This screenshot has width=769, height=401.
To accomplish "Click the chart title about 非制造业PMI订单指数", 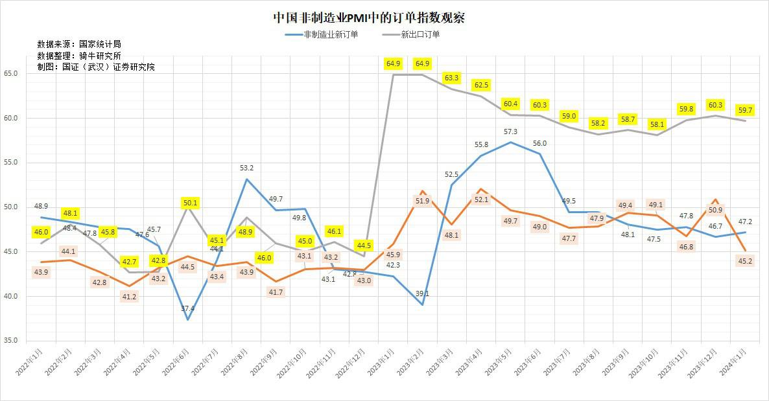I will (x=368, y=17).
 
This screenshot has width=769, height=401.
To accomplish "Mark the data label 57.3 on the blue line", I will (x=510, y=132).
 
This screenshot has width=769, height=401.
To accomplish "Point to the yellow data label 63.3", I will (x=452, y=78).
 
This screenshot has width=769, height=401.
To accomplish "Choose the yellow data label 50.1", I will (x=190, y=203).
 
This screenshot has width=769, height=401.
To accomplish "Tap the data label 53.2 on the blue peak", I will (x=246, y=168).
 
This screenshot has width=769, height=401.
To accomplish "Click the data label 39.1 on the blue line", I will (x=423, y=293).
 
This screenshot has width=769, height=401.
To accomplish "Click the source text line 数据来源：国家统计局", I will (x=79, y=45).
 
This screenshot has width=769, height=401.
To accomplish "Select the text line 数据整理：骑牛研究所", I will (x=79, y=56).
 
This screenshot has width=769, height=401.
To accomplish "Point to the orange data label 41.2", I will (x=130, y=297).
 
